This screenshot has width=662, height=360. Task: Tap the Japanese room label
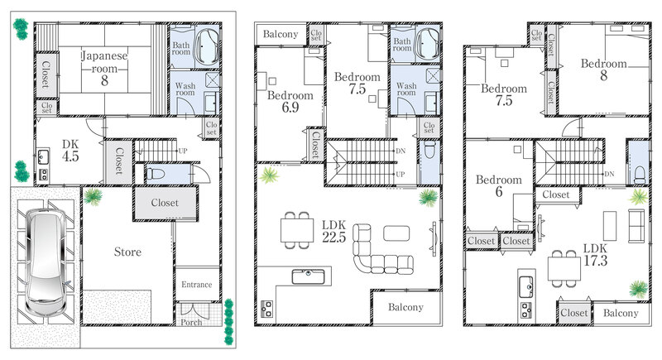tap(104, 68)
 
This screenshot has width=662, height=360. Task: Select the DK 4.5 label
tap(70, 151)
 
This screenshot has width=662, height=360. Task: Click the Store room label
tap(127, 252)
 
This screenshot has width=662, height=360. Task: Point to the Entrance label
tap(197, 285)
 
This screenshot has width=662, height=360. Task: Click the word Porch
tap(191, 322)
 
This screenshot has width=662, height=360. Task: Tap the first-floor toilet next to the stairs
tap(156, 173)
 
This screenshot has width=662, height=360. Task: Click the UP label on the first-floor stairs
tap(182, 151)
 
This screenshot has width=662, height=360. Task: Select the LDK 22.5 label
tap(334, 231)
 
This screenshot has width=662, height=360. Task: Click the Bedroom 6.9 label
tap(290, 101)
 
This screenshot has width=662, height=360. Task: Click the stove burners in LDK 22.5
tap(266, 309)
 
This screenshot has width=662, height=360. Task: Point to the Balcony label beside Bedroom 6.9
tap(281, 34)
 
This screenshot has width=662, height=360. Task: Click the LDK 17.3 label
tap(595, 255)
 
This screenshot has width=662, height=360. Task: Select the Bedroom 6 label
tap(499, 185)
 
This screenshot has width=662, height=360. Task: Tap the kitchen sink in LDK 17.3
tap(526, 287)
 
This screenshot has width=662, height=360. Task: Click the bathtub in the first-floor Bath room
tap(208, 46)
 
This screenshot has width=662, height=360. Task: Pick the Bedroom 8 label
tap(604, 70)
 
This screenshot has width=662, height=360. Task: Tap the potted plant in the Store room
tap(93, 197)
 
